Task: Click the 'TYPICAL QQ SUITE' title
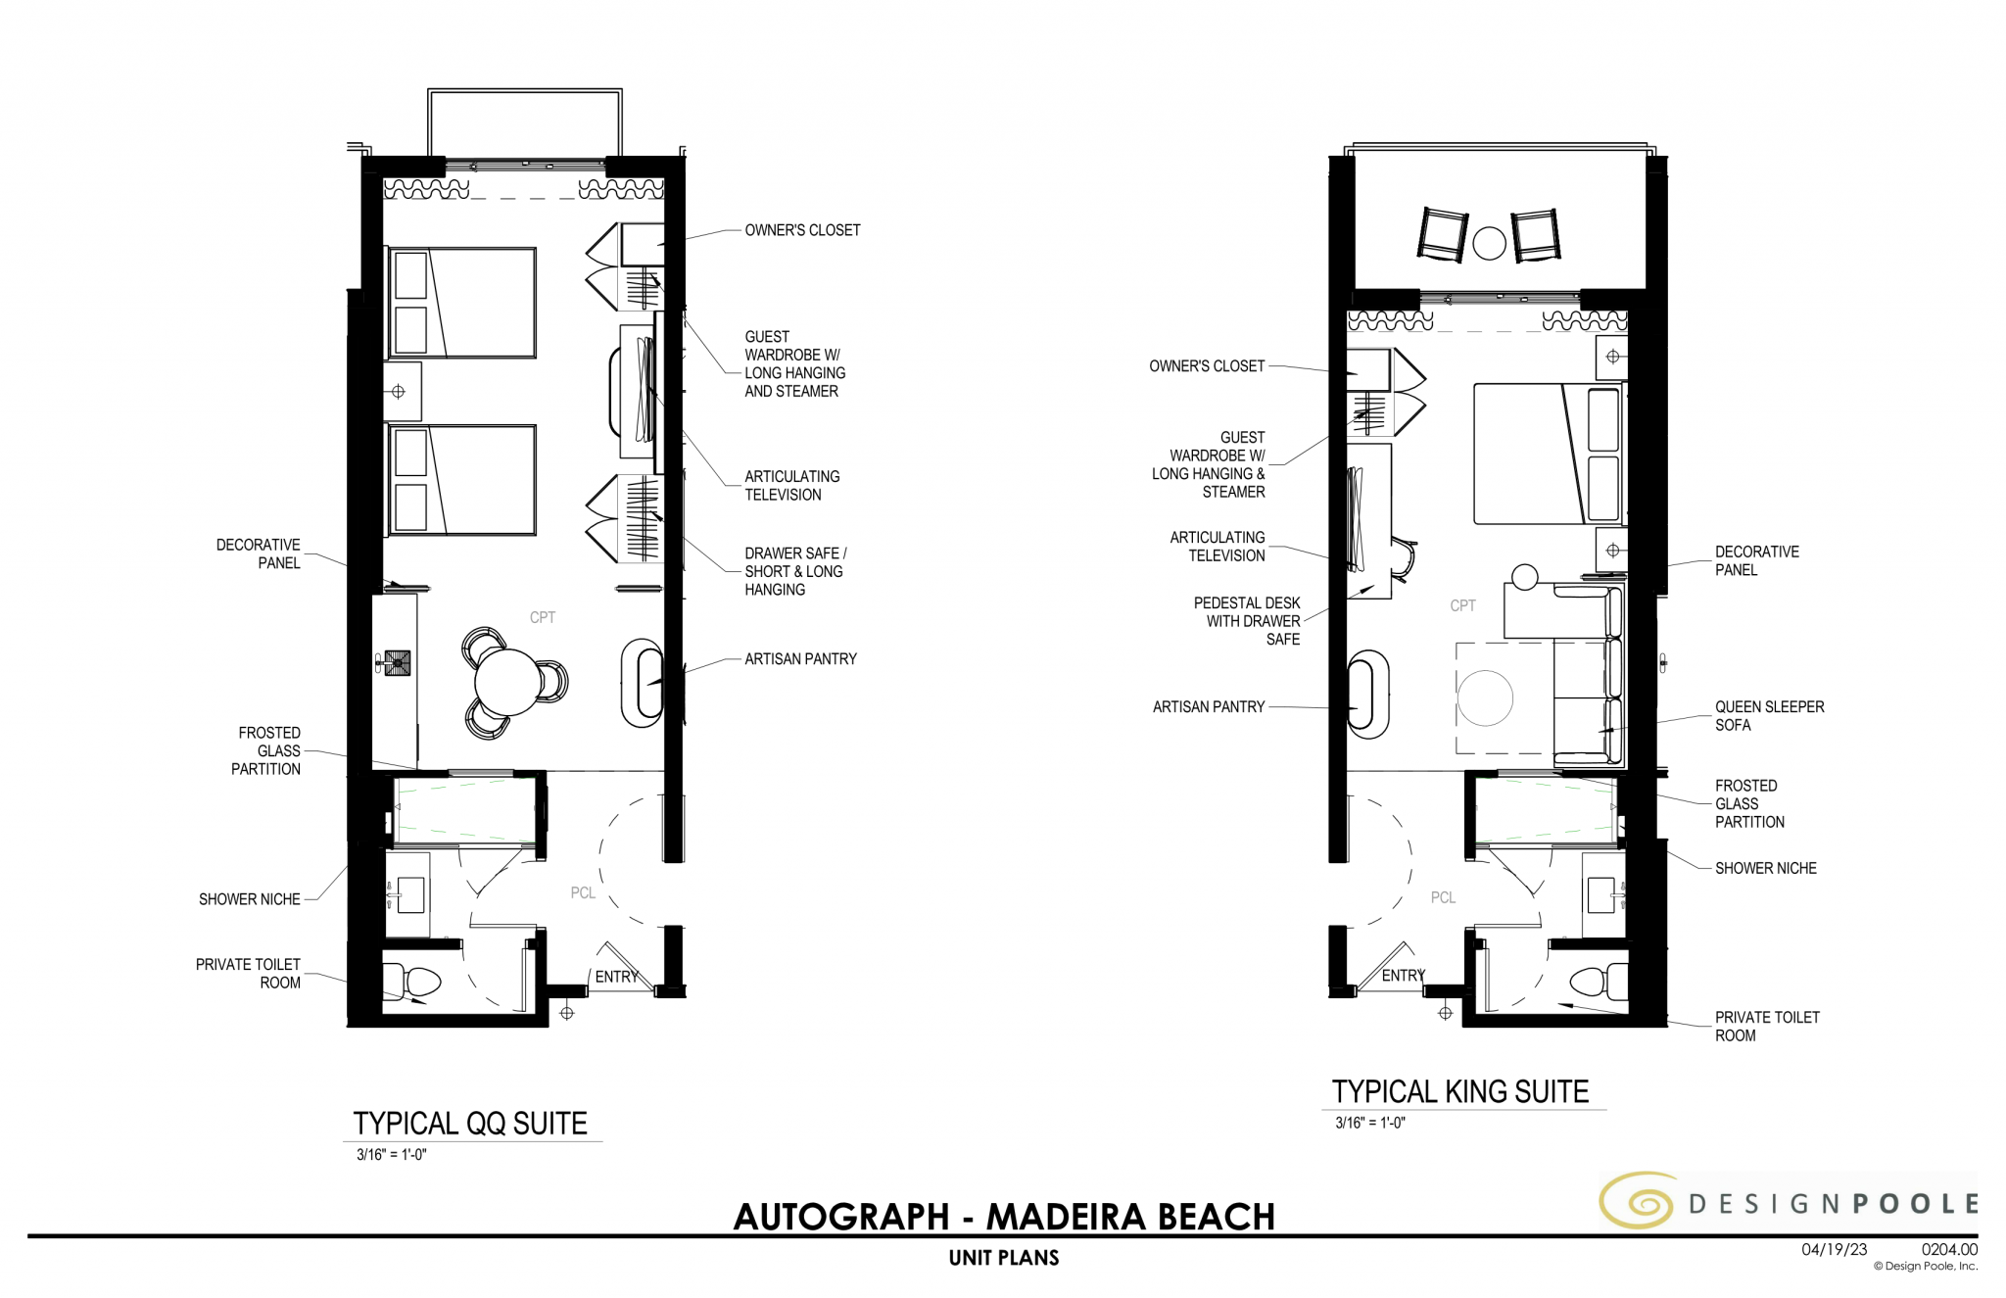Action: click(470, 1124)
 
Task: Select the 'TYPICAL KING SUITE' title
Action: click(1459, 1091)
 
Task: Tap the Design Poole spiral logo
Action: click(1639, 1201)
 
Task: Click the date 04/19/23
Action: click(1834, 1249)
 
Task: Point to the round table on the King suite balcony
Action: click(1489, 243)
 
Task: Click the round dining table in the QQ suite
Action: click(506, 682)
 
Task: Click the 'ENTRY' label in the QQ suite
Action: click(616, 977)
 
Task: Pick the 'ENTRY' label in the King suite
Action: click(1403, 976)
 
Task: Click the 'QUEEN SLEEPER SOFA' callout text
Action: click(1768, 716)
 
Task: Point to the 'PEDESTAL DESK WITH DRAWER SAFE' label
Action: click(1247, 621)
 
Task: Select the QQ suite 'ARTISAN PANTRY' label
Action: click(800, 659)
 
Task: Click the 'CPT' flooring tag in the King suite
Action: click(1462, 606)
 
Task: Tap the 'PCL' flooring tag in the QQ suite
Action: click(583, 892)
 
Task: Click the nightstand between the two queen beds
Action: click(402, 392)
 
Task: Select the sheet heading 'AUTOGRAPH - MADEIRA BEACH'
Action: click(1004, 1217)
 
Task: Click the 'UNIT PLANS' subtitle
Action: click(1004, 1258)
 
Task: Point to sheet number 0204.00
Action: click(1948, 1249)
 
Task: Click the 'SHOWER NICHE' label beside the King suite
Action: click(1765, 868)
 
